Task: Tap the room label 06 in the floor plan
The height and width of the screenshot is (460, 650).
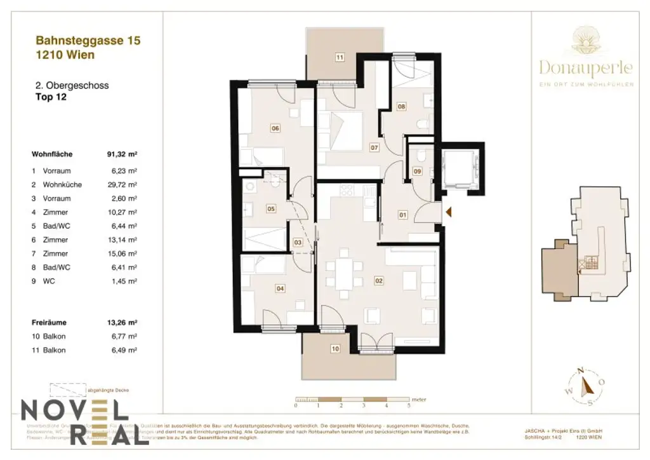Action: tap(275, 128)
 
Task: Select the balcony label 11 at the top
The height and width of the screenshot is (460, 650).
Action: tap(340, 58)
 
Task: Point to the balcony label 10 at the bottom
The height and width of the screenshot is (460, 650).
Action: tap(336, 348)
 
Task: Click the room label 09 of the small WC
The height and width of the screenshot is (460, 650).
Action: tap(417, 170)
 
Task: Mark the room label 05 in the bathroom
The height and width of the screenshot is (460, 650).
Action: tap(270, 208)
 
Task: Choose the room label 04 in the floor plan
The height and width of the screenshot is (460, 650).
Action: tap(279, 288)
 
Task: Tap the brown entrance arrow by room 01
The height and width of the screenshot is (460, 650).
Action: tap(448, 213)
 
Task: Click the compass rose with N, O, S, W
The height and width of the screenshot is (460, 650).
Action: tap(587, 384)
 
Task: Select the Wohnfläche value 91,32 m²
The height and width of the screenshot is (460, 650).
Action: tap(123, 154)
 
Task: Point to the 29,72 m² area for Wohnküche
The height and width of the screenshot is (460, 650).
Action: tap(124, 185)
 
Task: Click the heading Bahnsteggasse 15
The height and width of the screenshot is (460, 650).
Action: tap(88, 41)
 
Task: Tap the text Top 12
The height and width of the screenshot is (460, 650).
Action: tap(50, 97)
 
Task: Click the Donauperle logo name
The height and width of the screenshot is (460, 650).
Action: tap(587, 67)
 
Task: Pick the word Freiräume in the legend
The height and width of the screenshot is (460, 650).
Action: tap(49, 322)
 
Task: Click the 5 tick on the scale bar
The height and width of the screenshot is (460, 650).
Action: tap(409, 405)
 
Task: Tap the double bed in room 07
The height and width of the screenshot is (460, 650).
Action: tap(347, 131)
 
